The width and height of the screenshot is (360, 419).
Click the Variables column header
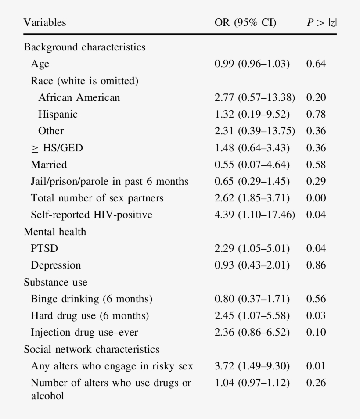click(45, 22)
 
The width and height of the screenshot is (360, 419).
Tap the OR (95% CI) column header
click(245, 22)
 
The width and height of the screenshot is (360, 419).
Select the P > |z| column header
click(322, 22)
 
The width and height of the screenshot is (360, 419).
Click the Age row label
click(40, 64)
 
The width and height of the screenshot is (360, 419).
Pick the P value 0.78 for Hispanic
click(316, 115)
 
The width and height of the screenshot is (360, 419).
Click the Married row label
click(49, 165)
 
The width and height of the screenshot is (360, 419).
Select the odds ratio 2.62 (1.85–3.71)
click(252, 198)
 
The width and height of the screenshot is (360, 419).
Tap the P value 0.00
click(316, 198)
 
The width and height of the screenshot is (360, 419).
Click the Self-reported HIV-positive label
click(91, 215)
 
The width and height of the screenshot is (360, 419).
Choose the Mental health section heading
click(55, 232)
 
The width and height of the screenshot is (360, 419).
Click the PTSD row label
click(44, 249)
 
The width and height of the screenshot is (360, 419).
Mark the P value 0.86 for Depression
click(316, 265)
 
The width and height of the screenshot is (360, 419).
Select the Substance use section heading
click(55, 282)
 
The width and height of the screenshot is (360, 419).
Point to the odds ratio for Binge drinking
click(252, 299)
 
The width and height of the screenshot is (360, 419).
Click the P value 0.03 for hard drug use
click(316, 316)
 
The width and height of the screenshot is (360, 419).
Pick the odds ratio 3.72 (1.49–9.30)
click(252, 366)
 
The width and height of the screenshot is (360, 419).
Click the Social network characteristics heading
click(91, 349)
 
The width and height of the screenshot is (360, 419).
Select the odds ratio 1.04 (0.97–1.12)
click(252, 383)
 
